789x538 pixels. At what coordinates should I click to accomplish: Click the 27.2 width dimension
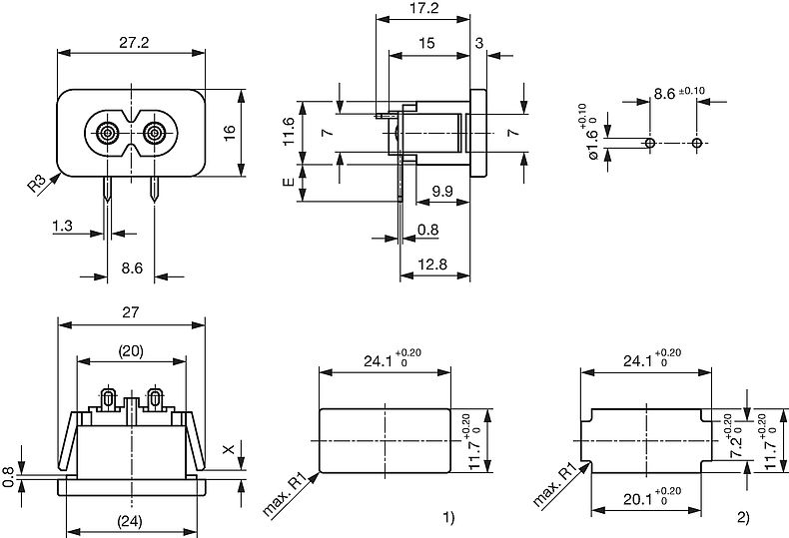point(133,44)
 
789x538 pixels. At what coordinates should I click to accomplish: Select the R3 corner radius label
point(37,184)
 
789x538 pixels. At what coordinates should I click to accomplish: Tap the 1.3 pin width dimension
point(63,228)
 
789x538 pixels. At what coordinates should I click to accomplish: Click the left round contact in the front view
point(108,133)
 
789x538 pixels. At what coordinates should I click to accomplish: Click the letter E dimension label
point(290,183)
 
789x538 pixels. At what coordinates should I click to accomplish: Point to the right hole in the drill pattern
point(697,143)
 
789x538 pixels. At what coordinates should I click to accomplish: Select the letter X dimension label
point(229,450)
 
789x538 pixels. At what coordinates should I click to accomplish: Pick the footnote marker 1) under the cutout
point(448,516)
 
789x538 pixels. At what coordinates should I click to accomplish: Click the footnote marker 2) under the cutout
point(743,516)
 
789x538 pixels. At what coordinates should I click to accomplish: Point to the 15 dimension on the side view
point(426,43)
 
